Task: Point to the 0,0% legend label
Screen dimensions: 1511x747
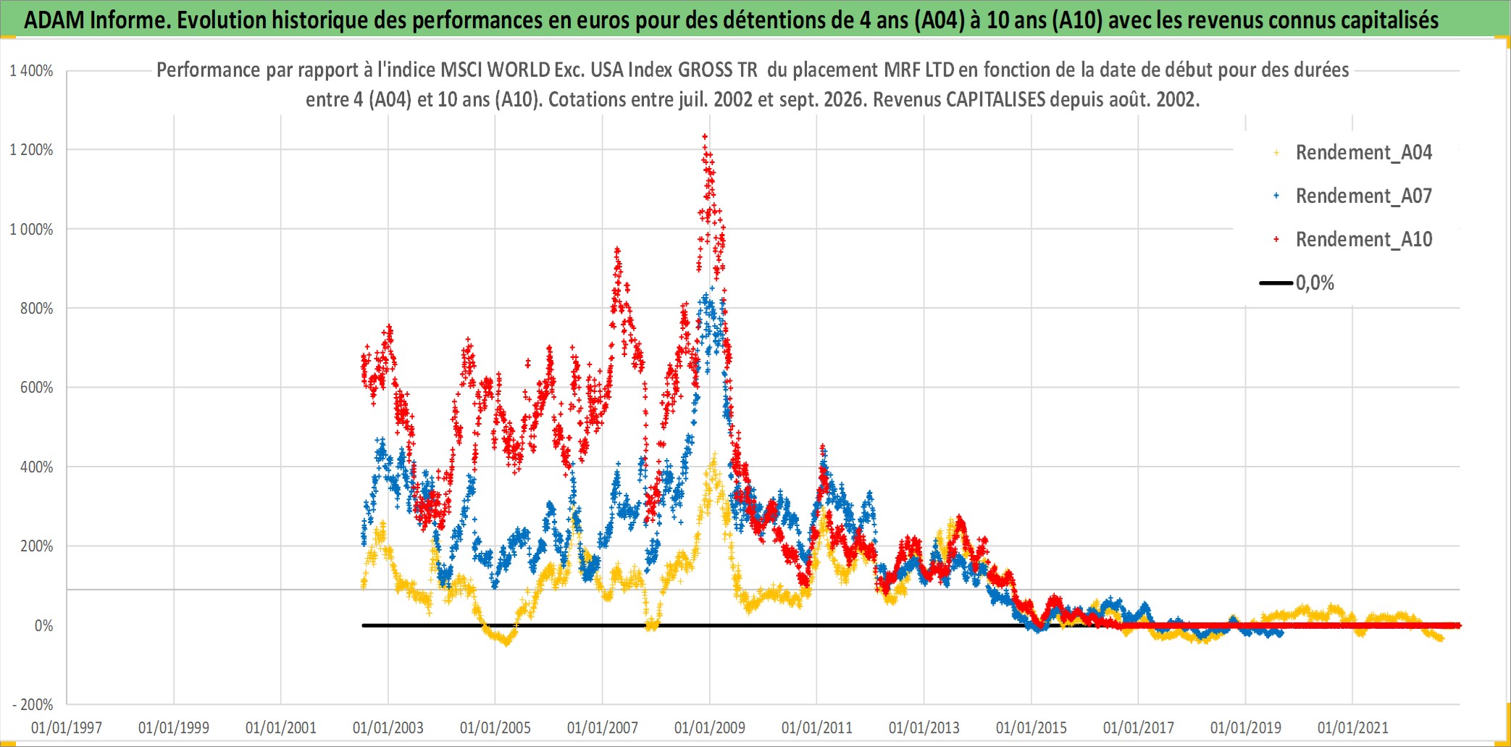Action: [1315, 283]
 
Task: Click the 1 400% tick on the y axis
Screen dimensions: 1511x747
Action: [31, 71]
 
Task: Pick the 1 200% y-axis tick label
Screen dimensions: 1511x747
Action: [31, 150]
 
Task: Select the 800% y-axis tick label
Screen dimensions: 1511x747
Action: [36, 309]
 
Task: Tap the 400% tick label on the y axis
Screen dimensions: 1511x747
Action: [36, 467]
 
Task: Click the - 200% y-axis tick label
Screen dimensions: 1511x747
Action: [33, 705]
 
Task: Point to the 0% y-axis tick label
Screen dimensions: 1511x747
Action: [43, 626]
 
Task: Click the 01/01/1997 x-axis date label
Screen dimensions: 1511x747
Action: [67, 727]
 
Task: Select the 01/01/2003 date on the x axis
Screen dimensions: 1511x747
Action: [388, 727]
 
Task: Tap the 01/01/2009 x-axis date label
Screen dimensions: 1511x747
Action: [710, 727]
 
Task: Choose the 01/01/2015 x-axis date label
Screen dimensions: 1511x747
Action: [1031, 727]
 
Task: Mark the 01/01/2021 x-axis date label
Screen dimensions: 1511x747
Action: [1353, 727]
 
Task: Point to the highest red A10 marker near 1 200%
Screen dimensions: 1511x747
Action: [705, 136]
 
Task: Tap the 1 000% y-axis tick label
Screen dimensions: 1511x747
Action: [31, 230]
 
